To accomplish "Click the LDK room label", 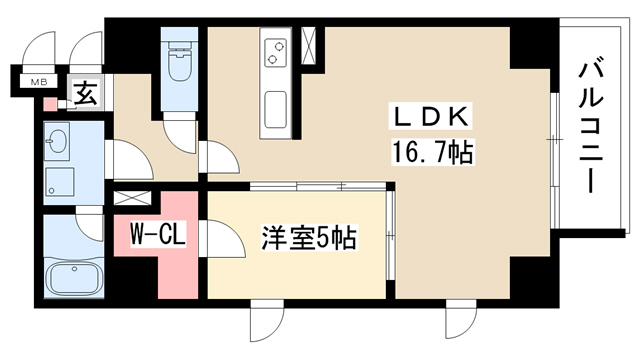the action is click(432, 117).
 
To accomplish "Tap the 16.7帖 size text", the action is click(433, 151).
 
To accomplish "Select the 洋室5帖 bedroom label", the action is click(309, 238).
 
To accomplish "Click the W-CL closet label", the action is click(158, 234).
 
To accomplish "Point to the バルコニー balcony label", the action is click(591, 128).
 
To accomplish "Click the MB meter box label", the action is click(39, 82).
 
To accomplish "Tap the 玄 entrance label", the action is click(86, 93).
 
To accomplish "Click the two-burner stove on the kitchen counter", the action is click(276, 52).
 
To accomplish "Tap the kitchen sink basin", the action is click(276, 110).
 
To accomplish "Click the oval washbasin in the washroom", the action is click(57, 141).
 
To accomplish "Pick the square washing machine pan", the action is click(60, 182).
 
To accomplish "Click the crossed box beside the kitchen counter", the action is click(309, 46).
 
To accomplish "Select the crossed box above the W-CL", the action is click(132, 198).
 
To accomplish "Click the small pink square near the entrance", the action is click(50, 104).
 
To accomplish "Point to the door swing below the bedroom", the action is click(267, 321).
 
